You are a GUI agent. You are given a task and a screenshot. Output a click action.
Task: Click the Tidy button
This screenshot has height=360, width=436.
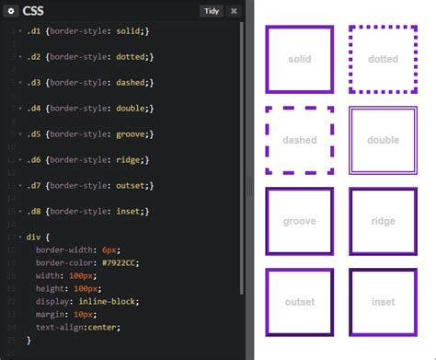pyautogui.click(x=211, y=11)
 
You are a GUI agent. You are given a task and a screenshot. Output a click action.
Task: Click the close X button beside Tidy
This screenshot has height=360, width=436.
pyautogui.click(x=234, y=11)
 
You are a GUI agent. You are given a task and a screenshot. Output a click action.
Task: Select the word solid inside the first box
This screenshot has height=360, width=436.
pyautogui.click(x=299, y=60)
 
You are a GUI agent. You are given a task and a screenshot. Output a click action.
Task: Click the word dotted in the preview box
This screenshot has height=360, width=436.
pyautogui.click(x=383, y=60)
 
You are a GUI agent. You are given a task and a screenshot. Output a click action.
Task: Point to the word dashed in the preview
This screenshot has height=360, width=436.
pyautogui.click(x=299, y=141)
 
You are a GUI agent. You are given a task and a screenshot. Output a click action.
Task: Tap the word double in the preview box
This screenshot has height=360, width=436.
pyautogui.click(x=383, y=141)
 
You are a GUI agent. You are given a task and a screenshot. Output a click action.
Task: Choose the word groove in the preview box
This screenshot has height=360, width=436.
pyautogui.click(x=299, y=222)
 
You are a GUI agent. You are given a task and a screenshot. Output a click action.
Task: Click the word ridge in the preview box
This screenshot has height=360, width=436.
pyautogui.click(x=383, y=222)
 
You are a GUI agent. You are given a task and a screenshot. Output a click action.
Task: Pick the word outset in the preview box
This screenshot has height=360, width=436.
pyautogui.click(x=299, y=302)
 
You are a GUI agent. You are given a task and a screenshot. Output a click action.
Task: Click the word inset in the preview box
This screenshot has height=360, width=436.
pyautogui.click(x=383, y=302)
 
